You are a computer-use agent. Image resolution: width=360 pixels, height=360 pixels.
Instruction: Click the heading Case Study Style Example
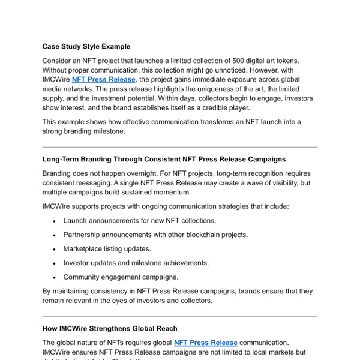pyautogui.click(x=86, y=46)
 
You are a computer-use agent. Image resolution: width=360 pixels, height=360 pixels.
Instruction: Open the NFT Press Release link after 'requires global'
pyautogui.click(x=206, y=343)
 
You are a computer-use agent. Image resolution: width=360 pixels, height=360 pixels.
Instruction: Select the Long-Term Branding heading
pyautogui.click(x=164, y=159)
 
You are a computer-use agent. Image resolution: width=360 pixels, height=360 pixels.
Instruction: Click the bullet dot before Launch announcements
pyautogui.click(x=55, y=220)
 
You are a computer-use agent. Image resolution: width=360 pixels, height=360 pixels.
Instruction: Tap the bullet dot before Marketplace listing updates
pyautogui.click(x=55, y=248)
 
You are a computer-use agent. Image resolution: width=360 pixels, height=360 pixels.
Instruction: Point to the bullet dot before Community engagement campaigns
pyautogui.click(x=55, y=277)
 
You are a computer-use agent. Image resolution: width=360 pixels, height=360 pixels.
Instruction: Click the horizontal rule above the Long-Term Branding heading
pyautogui.click(x=180, y=147)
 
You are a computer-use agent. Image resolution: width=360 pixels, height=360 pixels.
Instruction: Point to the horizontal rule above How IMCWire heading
pyautogui.click(x=180, y=317)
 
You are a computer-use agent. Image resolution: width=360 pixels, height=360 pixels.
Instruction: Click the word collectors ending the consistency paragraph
pyautogui.click(x=193, y=301)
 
